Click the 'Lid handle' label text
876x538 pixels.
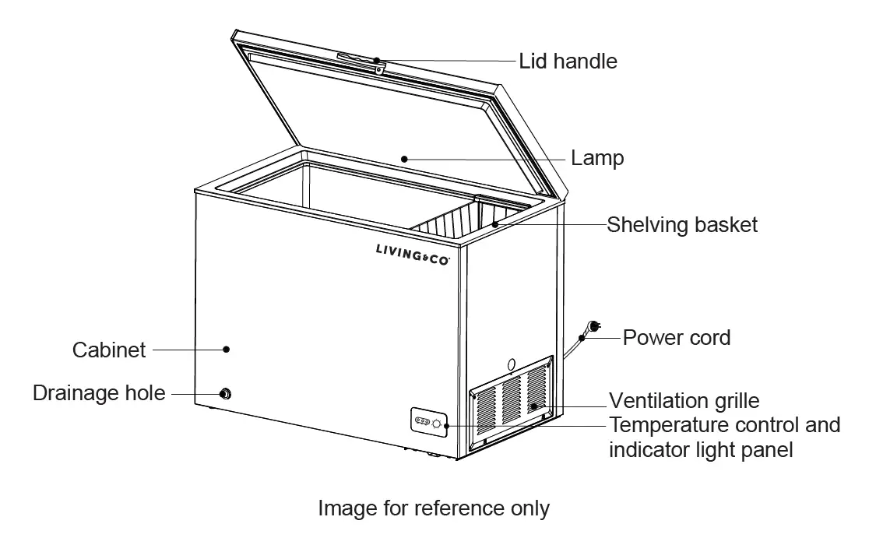pyautogui.click(x=568, y=61)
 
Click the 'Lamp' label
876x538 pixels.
pyautogui.click(x=597, y=158)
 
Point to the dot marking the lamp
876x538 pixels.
pyautogui.click(x=403, y=158)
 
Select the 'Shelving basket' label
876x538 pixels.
pyautogui.click(x=682, y=225)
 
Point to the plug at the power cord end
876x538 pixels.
pyautogui.click(x=592, y=328)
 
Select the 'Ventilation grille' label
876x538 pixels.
pyautogui.click(x=684, y=401)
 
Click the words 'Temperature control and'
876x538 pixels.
pyautogui.click(x=724, y=425)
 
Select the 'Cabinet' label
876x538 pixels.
pyautogui.click(x=109, y=350)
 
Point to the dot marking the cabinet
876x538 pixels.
pyautogui.click(x=226, y=350)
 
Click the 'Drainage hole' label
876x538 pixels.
pyautogui.click(x=99, y=393)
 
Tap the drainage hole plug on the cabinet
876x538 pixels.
pyautogui.click(x=226, y=393)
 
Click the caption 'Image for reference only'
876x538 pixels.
pyautogui.click(x=434, y=508)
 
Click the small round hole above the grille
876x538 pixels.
pyautogui.click(x=511, y=364)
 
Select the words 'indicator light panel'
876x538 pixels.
pyautogui.click(x=701, y=449)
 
